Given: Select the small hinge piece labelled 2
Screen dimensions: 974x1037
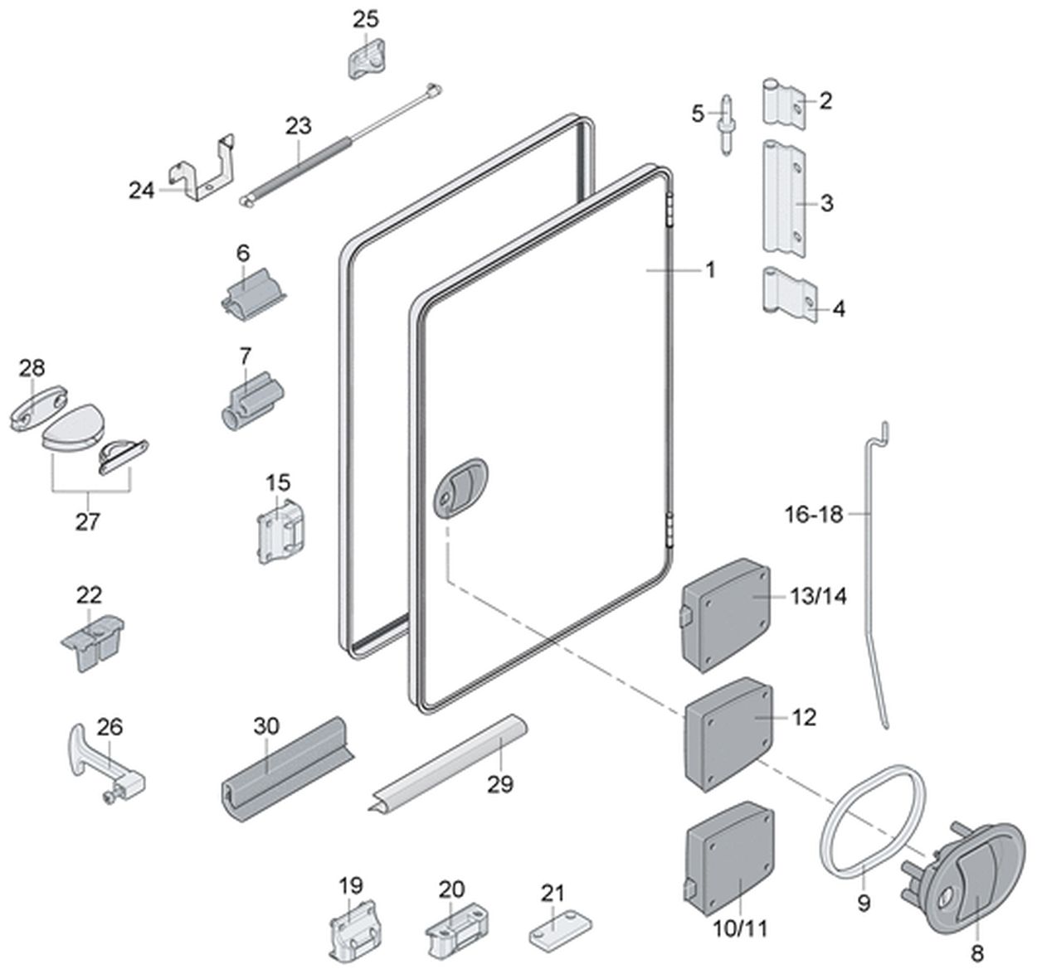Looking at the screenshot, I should point(784,104).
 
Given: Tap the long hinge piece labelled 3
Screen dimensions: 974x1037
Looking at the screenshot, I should point(784,199).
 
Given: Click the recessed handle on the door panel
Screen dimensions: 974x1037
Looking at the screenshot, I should point(461,487).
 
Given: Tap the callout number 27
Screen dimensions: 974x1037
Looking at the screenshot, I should point(88,522).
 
